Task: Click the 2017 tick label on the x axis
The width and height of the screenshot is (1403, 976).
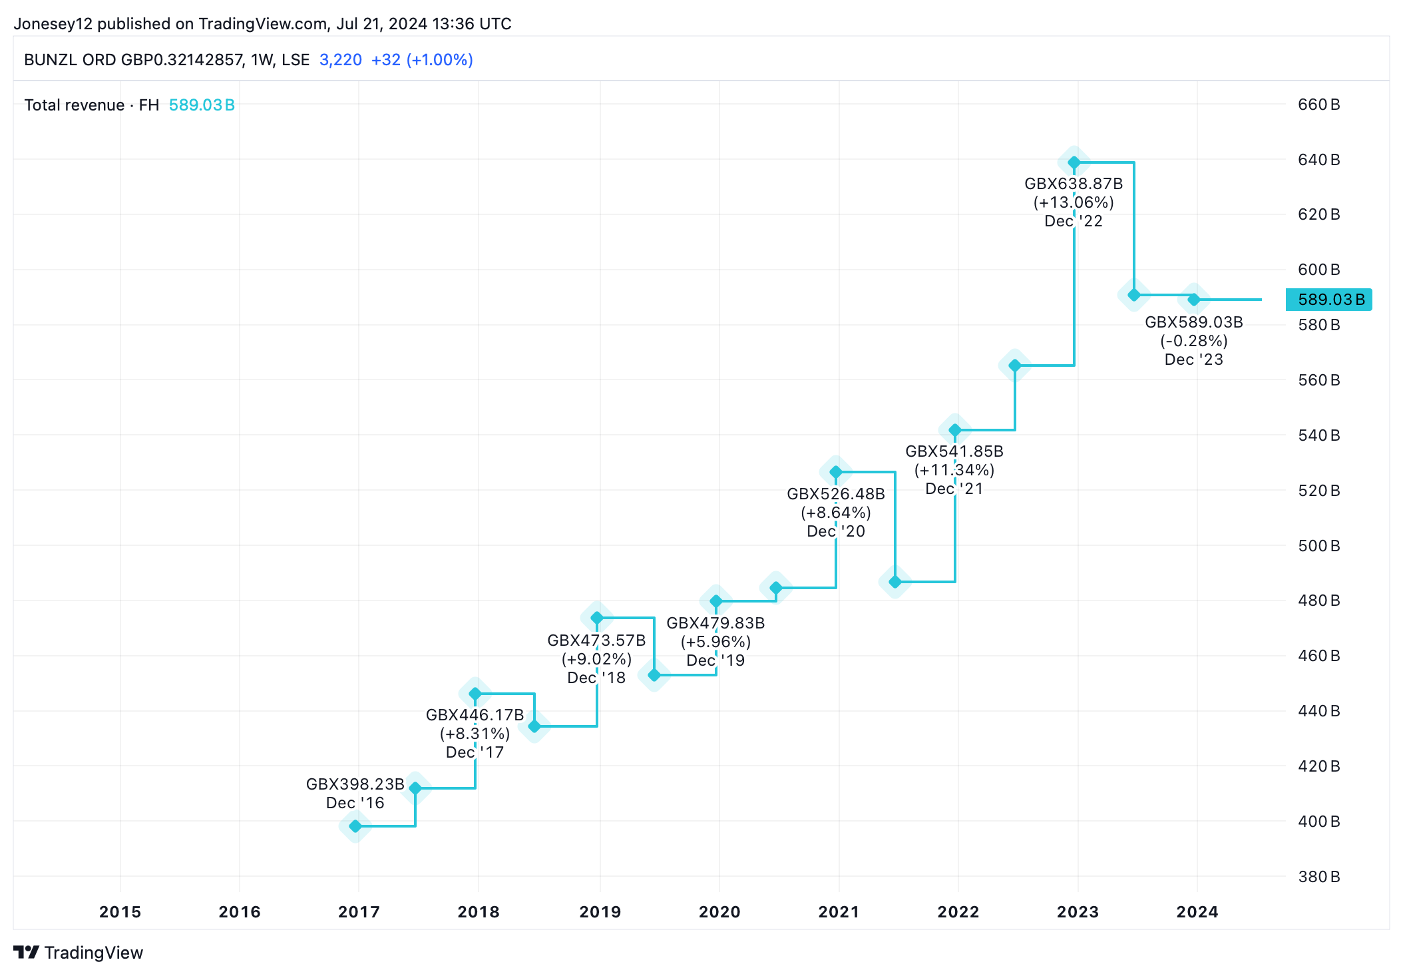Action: pos(359,911)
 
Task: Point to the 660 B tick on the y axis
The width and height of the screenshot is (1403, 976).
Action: pos(1318,105)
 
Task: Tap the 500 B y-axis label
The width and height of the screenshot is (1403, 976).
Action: pos(1318,546)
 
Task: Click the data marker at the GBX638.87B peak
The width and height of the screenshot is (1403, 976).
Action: pos(1074,162)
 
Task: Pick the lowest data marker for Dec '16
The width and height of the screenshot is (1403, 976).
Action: pos(355,826)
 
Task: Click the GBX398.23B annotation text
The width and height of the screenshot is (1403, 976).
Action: pos(355,784)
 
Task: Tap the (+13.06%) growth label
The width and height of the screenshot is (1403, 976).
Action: pos(1074,202)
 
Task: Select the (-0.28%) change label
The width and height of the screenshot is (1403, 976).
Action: pos(1194,341)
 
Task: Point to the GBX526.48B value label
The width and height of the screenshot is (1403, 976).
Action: pos(836,494)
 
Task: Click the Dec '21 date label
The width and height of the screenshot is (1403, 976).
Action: pos(954,489)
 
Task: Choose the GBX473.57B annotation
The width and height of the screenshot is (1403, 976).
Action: pos(596,640)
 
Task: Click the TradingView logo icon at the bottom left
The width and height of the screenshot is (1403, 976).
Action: pos(27,953)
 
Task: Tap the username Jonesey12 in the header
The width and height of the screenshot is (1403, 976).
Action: pos(53,24)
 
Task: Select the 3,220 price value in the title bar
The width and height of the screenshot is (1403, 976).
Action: pos(341,60)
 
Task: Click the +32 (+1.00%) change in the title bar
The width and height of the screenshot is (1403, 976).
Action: pos(422,60)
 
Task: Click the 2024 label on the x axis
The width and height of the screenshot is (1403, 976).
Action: pos(1197,911)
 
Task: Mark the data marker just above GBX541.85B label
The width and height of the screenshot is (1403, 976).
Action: pos(955,430)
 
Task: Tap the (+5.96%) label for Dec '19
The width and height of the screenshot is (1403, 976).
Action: pos(715,642)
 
